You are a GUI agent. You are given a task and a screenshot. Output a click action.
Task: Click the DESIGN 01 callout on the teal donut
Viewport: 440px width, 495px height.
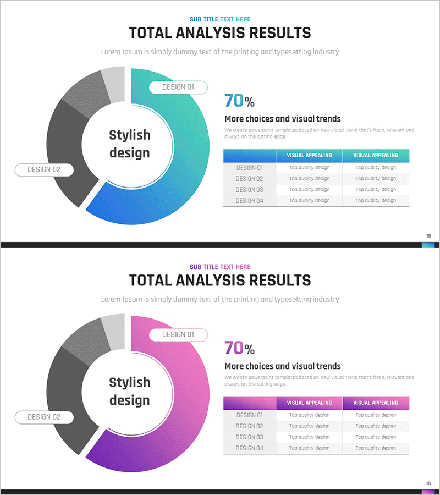pos(178,87)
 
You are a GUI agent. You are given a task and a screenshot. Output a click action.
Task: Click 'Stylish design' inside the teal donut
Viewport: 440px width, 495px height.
pos(129,144)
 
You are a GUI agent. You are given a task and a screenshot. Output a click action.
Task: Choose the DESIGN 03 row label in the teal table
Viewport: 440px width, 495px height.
pos(249,190)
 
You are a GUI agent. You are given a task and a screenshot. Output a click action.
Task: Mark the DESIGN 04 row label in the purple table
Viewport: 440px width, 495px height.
pos(249,448)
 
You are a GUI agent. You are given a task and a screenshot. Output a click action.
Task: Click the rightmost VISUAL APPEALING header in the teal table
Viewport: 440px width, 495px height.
pos(376,155)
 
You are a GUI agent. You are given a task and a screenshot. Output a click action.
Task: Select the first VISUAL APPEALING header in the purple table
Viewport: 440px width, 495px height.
pos(309,403)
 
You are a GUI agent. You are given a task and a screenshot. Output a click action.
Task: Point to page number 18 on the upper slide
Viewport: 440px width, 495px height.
pos(428,236)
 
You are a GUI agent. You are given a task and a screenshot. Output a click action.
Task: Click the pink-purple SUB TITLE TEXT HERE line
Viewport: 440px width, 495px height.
pos(220,267)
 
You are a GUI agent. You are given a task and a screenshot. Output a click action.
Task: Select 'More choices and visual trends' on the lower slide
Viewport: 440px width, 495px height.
pos(283,366)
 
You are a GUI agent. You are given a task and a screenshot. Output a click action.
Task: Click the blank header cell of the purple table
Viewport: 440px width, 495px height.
pos(249,403)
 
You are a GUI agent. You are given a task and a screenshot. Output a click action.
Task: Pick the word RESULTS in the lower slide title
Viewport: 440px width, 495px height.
pos(280,280)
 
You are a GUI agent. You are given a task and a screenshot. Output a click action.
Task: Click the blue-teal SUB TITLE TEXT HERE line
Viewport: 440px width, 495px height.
pos(220,19)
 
